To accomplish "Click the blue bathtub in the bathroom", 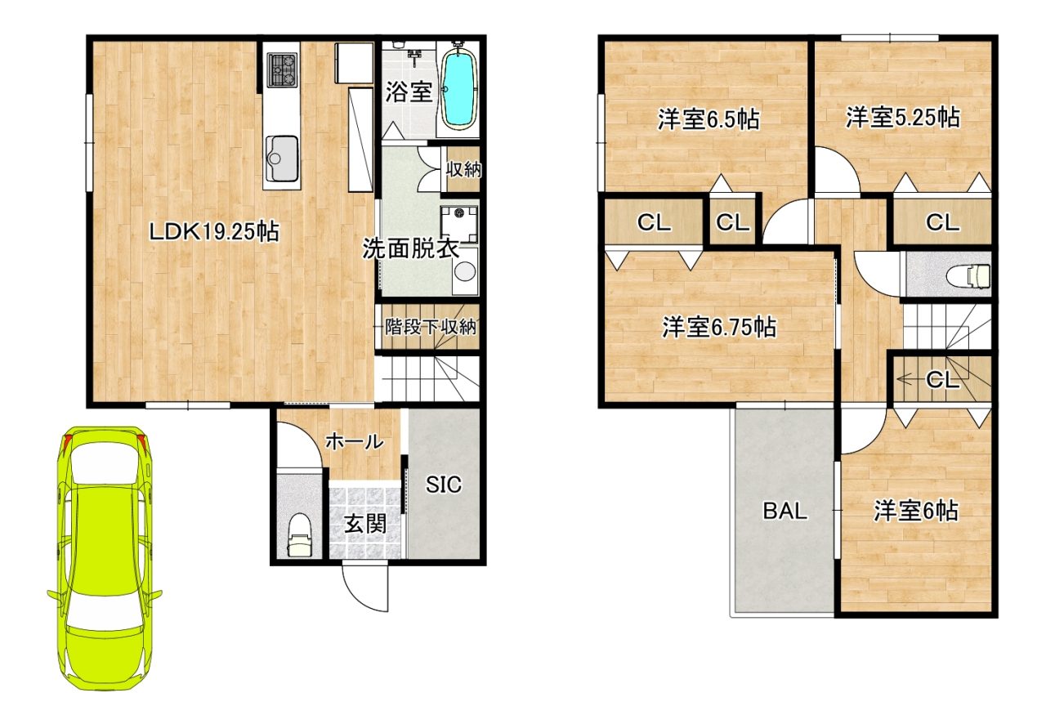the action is pos(458,89).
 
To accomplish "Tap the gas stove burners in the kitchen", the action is pos(283,69).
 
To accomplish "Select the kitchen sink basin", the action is pos(282,159).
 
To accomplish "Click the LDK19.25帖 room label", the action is pos(214,232).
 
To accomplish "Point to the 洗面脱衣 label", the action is pos(411,249).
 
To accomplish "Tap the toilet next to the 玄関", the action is pos(299,535).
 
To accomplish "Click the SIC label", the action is pos(443,485).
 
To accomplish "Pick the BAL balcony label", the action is pos(785,511).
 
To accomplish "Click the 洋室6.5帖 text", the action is pos(709,119).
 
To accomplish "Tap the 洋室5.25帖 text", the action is pos(903,117).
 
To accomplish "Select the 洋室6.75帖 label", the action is pos(719,327).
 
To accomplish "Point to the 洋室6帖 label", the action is pos(916,511).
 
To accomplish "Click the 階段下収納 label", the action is pos(430,327).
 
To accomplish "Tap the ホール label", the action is pos(355,441).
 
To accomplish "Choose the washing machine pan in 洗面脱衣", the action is pos(459,223).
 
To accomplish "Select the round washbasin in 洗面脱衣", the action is pos(465,272).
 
